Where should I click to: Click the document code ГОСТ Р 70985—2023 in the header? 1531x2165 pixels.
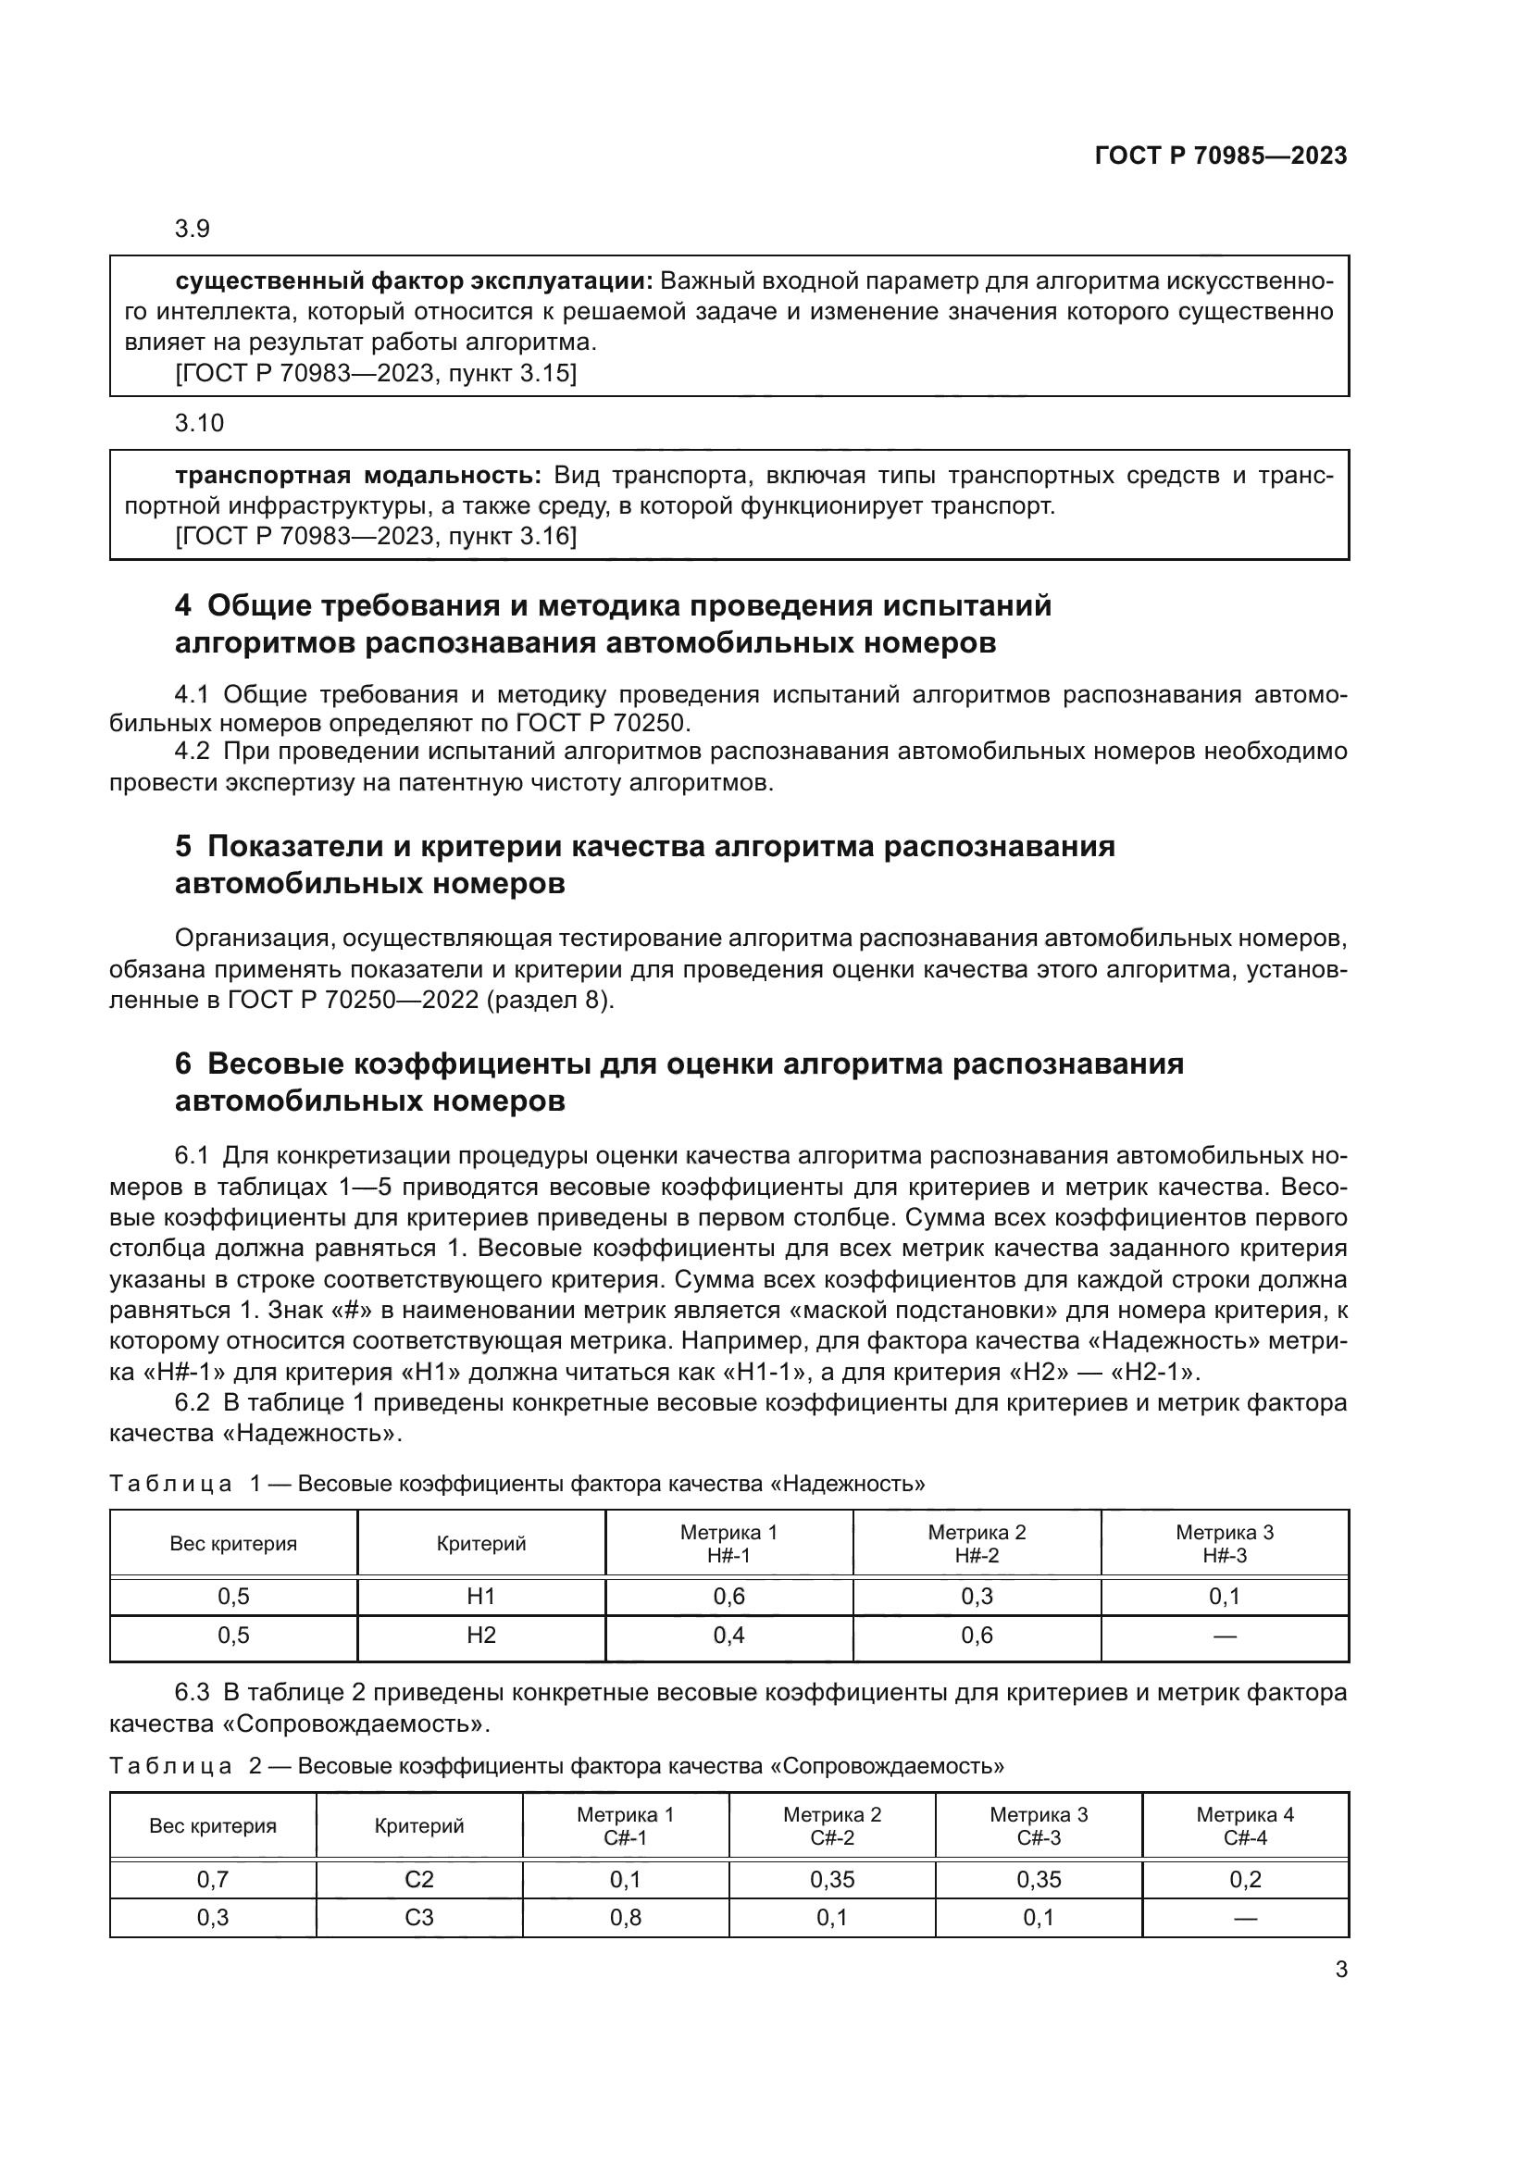point(1221,156)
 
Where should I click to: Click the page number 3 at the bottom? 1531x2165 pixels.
point(1340,1969)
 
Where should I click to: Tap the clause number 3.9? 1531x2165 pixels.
point(193,229)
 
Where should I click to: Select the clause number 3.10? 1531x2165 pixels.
point(199,422)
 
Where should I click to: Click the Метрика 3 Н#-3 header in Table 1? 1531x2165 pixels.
point(1224,1544)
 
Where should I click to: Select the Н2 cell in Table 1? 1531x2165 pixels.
point(480,1635)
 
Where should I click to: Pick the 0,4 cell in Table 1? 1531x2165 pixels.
point(728,1635)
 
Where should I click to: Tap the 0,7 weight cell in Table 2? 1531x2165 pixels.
point(213,1879)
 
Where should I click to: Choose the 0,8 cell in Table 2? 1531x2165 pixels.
point(625,1917)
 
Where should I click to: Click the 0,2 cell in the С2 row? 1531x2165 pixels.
point(1245,1879)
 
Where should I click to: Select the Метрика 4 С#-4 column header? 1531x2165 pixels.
point(1244,1825)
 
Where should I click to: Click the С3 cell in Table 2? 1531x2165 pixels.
point(418,1917)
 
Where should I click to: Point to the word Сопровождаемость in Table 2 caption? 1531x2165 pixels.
point(886,1766)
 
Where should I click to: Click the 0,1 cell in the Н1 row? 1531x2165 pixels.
point(1224,1597)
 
